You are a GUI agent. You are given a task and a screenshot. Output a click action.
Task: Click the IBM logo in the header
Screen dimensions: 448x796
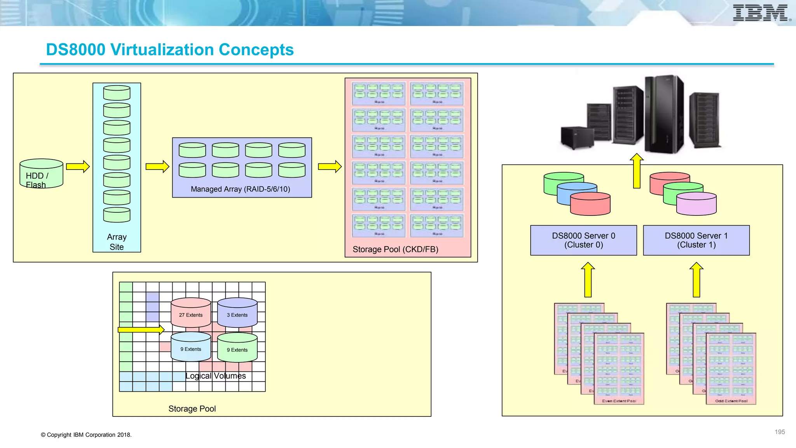click(x=761, y=13)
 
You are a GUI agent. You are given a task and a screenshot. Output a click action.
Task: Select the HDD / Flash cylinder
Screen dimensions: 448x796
click(x=41, y=173)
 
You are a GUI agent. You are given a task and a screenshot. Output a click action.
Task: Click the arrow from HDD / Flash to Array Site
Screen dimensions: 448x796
click(x=78, y=166)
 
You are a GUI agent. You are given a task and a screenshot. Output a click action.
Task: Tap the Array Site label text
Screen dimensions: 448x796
click(x=117, y=242)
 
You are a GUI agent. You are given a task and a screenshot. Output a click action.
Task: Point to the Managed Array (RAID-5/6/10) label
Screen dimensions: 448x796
click(x=240, y=189)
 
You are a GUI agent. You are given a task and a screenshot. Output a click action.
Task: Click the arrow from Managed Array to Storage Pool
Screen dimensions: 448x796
click(x=330, y=166)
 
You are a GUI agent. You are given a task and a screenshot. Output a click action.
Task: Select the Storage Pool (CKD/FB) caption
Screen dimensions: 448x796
click(x=395, y=249)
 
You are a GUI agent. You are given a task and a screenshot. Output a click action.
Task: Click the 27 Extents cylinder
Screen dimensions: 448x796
click(x=190, y=313)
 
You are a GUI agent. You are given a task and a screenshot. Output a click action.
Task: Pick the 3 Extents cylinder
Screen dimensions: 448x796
click(x=237, y=313)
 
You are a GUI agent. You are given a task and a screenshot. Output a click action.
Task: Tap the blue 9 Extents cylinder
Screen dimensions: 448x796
click(x=190, y=347)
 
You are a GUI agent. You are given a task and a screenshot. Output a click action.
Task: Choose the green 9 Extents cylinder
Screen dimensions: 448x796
click(x=237, y=348)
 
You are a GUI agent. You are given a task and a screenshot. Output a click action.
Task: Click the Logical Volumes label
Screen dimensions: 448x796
click(x=215, y=376)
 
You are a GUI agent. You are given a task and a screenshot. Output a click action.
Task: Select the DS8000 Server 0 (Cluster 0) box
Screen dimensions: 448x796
click(x=583, y=240)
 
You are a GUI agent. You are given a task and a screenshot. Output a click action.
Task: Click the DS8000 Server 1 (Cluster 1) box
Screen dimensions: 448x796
click(x=696, y=240)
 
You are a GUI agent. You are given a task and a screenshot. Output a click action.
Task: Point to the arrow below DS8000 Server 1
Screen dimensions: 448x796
click(x=696, y=280)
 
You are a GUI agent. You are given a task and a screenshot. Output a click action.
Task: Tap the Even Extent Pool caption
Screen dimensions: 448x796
click(x=619, y=401)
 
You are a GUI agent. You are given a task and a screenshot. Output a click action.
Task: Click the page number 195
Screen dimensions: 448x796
click(x=779, y=432)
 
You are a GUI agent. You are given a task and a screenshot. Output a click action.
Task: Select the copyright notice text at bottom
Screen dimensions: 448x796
click(x=86, y=435)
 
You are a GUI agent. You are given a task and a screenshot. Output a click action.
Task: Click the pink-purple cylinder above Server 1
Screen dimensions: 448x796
click(x=696, y=204)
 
